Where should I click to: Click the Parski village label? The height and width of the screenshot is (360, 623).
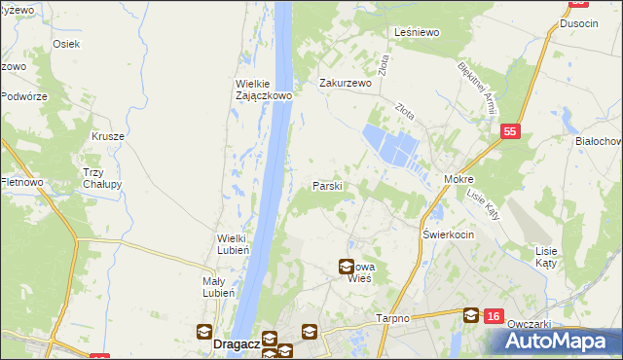click(326, 185)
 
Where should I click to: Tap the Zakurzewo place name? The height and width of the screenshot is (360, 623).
click(347, 84)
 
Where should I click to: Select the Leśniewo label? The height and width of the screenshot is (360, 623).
click(418, 32)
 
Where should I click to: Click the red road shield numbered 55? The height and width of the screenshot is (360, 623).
click(509, 129)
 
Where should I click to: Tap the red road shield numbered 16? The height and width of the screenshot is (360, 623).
click(495, 316)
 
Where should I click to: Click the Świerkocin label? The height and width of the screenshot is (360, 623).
click(448, 235)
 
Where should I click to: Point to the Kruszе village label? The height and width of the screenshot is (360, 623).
click(109, 137)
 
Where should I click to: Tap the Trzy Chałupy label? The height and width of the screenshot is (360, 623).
click(100, 178)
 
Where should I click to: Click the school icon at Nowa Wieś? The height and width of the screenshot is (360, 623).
click(347, 266)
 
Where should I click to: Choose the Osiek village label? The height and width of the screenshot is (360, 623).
click(66, 44)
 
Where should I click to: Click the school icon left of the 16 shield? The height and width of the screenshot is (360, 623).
click(471, 314)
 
